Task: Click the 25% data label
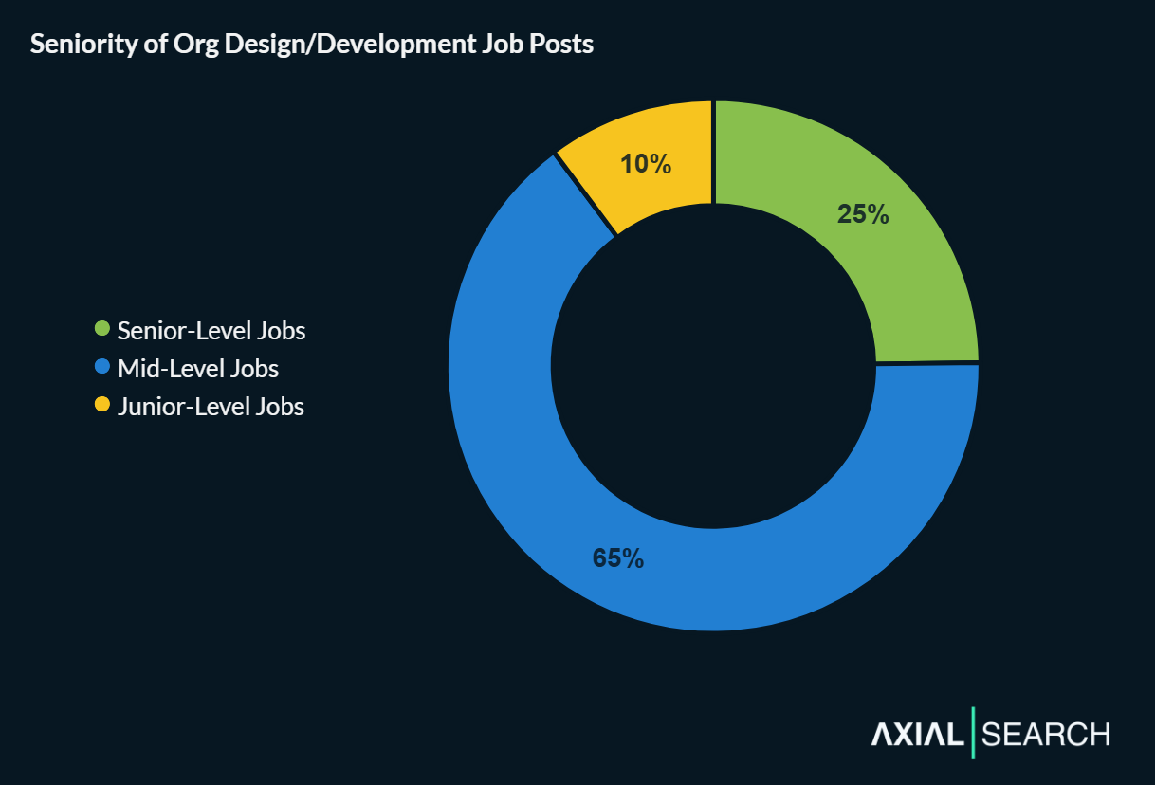tap(863, 214)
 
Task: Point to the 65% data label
tap(618, 558)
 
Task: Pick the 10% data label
tap(646, 164)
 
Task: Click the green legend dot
tap(102, 330)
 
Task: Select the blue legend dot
tap(102, 367)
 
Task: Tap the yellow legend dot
tap(102, 405)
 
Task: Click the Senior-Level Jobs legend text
tap(211, 330)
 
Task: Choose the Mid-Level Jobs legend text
tap(197, 368)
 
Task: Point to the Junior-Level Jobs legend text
tap(211, 406)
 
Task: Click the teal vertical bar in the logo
tap(973, 733)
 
